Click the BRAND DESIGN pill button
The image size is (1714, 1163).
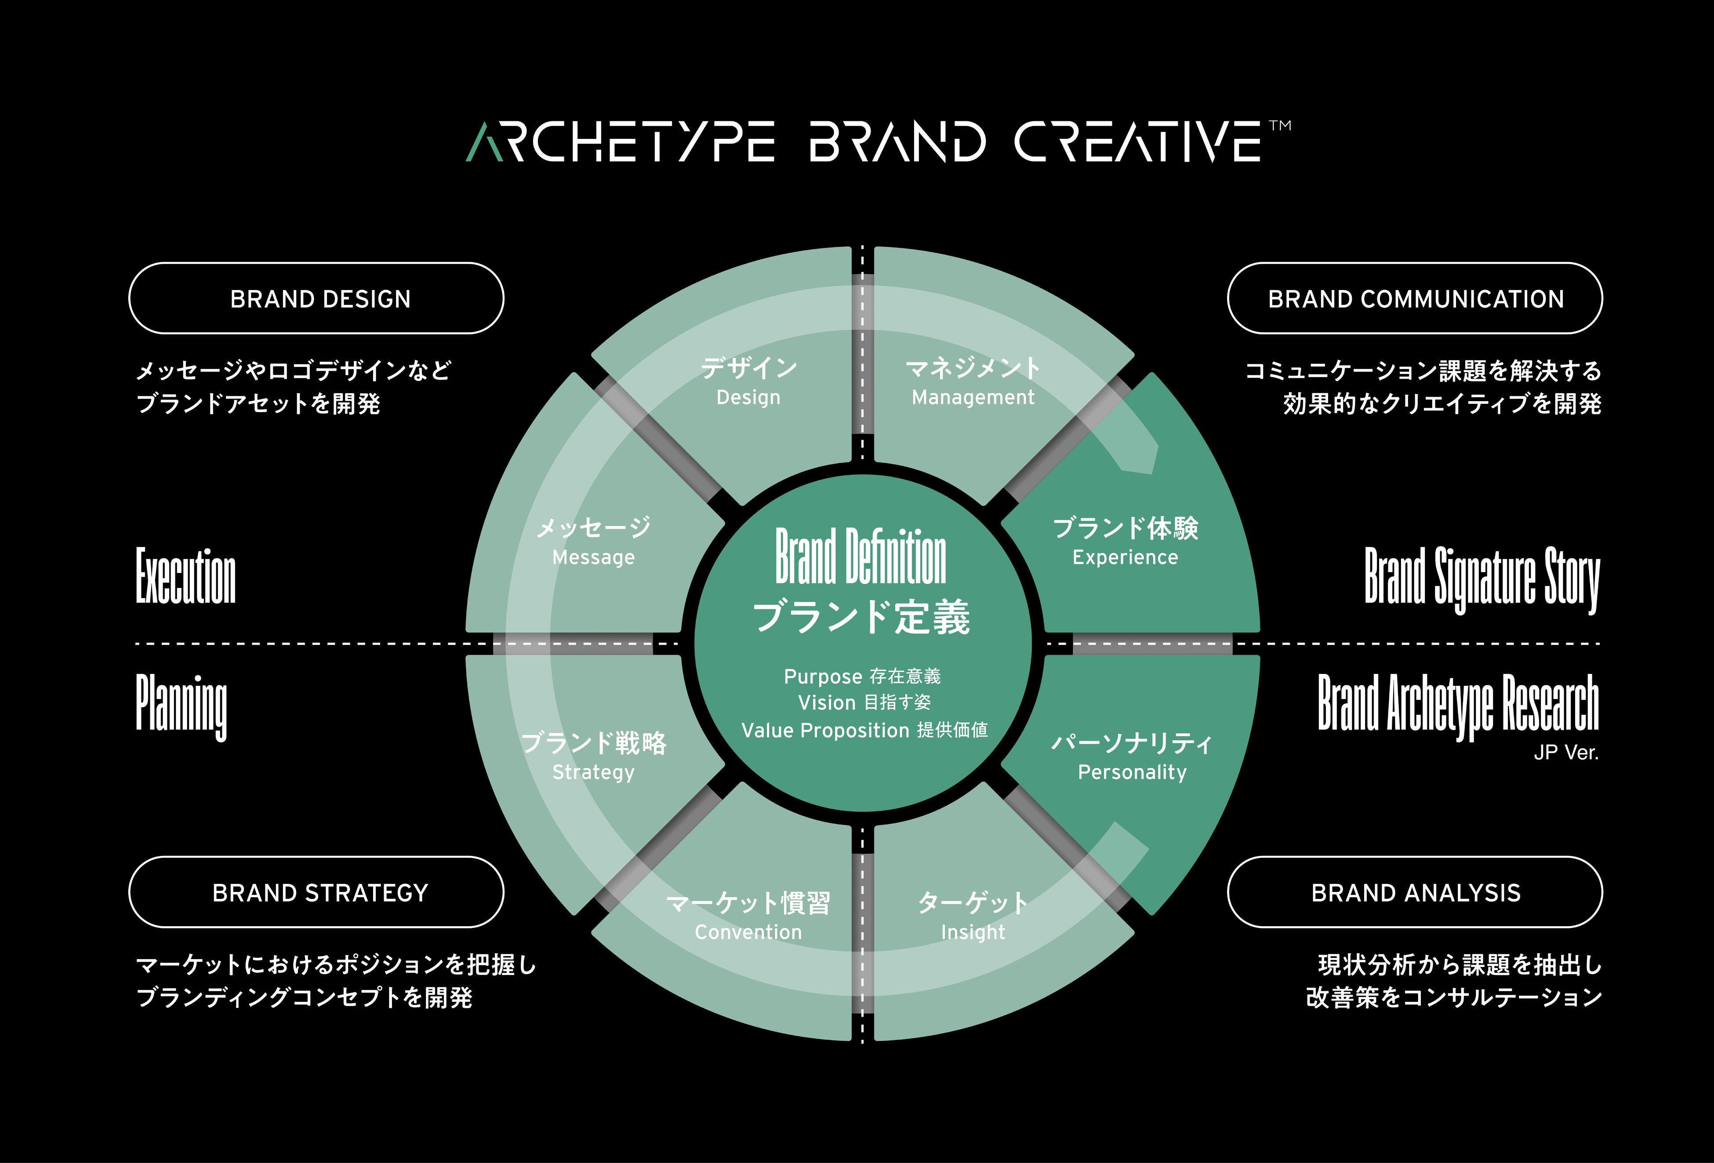(x=316, y=299)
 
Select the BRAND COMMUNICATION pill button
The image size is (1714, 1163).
(x=1415, y=299)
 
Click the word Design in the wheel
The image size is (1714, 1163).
(x=748, y=398)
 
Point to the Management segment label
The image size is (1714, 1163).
(x=973, y=398)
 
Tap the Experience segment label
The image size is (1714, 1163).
(x=1125, y=558)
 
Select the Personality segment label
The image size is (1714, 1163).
(x=1132, y=772)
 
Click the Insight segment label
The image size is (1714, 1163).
(x=973, y=932)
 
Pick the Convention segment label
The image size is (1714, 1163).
(x=748, y=932)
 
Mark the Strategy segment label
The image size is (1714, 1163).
(x=593, y=772)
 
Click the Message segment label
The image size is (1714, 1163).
(x=593, y=558)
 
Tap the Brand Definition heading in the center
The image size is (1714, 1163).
(x=861, y=556)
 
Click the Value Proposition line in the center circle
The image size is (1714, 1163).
(x=864, y=730)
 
